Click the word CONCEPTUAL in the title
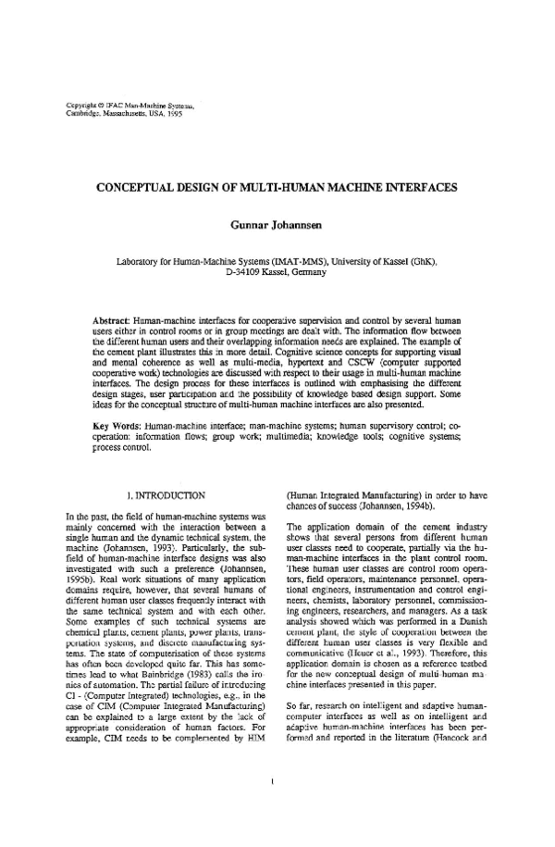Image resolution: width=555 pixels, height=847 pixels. pyautogui.click(x=142, y=186)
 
